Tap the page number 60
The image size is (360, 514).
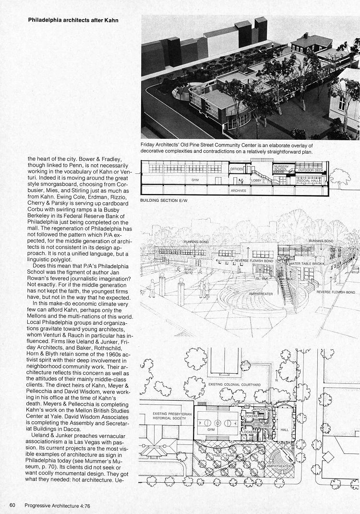tap(13, 504)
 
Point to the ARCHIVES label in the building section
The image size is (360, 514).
tap(239, 191)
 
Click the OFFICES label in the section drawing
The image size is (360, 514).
tap(237, 169)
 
